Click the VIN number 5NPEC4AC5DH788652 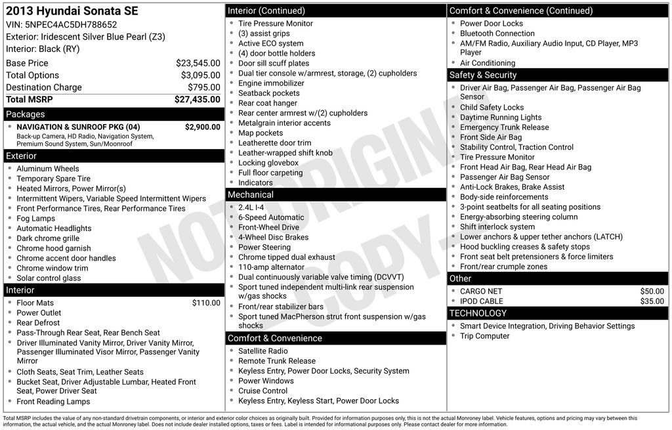pos(71,24)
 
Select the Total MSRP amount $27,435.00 pos(197,100)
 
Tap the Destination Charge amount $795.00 pos(203,87)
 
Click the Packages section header pos(26,114)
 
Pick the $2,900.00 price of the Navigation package pos(202,127)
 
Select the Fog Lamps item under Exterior pos(35,219)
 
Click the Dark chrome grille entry pos(48,238)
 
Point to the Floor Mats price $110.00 pos(206,303)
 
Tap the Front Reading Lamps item pos(53,402)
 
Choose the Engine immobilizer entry pos(271,83)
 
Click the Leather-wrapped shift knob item pos(285,153)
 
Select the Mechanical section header pos(251,195)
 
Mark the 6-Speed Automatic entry pos(271,217)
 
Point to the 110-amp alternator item pos(271,267)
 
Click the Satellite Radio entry pos(263,351)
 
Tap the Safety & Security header pos(483,75)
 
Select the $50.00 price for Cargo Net pos(652,291)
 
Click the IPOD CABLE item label pos(482,301)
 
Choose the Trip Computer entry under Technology pos(484,336)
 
